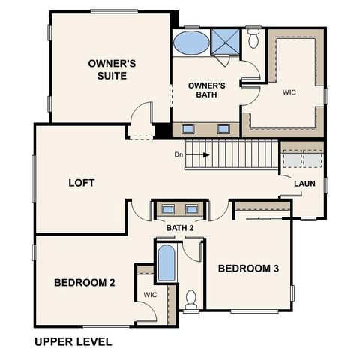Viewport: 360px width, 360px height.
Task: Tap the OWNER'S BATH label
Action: (206, 90)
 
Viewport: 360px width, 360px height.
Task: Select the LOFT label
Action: (81, 182)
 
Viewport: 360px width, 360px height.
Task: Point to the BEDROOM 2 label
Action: (84, 283)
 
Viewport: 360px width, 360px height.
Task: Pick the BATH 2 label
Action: (181, 227)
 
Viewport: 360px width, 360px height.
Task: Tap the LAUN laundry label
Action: (304, 183)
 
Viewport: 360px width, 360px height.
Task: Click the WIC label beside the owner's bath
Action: (289, 93)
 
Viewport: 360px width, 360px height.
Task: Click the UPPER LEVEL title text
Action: (73, 342)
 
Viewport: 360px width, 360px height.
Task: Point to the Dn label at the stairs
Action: (178, 154)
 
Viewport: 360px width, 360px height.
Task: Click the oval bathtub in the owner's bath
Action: (191, 43)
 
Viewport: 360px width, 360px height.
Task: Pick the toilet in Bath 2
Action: (190, 300)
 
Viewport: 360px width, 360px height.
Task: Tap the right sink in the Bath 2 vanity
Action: (193, 208)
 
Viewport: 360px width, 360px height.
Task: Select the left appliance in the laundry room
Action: (292, 160)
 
